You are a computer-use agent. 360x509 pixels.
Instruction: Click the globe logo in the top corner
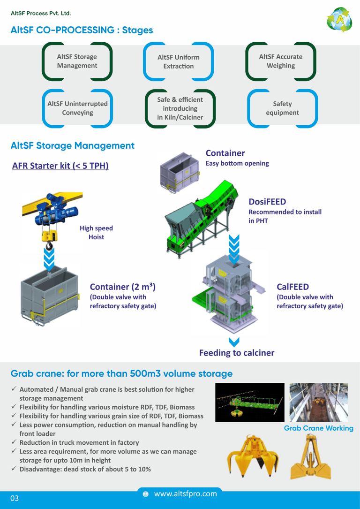coord(340,20)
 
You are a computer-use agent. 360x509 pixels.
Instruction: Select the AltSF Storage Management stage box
coord(77,61)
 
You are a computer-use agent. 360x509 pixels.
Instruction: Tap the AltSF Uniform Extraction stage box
coord(179,61)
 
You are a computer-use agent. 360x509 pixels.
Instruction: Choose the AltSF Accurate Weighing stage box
coord(281,61)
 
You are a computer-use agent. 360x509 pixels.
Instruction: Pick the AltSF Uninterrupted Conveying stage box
coord(77,108)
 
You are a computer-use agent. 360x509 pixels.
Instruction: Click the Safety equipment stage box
coord(282,108)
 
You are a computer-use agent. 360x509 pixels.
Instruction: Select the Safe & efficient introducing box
coord(180,108)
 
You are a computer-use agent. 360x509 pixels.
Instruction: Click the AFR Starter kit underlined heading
coord(60,166)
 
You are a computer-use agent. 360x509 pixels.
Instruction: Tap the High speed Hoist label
coord(96,233)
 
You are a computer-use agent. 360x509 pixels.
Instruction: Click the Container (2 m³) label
coord(123,287)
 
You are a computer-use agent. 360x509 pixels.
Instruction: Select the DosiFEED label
coord(267,202)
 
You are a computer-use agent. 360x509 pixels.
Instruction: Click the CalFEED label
coord(293,286)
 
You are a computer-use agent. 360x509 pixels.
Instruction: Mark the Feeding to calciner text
coord(237,352)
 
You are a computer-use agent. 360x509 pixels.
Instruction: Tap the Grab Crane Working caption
coord(319,428)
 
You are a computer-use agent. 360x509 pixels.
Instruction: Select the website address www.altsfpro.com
coord(185,494)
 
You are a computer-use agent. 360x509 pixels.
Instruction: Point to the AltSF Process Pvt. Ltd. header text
coord(41,13)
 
